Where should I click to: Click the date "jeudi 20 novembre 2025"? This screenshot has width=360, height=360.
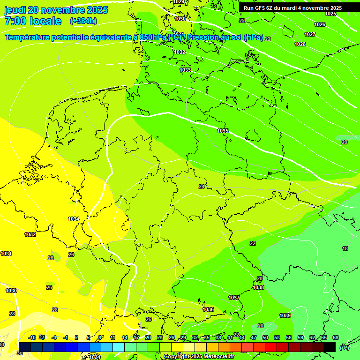(x=56, y=10)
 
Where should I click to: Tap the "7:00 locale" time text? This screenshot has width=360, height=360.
(x=33, y=21)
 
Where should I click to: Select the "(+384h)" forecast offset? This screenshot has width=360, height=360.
(x=83, y=21)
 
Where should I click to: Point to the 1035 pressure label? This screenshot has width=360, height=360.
(x=223, y=131)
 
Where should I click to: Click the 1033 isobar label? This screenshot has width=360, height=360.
(x=185, y=70)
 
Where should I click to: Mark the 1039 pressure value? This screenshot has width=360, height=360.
(x=285, y=315)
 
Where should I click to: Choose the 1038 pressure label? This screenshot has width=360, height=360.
(x=258, y=287)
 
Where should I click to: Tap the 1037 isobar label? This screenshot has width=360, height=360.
(x=234, y=298)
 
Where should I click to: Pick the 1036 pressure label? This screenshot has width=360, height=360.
(x=208, y=309)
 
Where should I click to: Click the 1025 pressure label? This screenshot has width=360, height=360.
(x=330, y=14)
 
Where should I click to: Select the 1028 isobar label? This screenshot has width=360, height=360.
(x=300, y=44)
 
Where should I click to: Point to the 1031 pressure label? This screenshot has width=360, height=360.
(x=6, y=254)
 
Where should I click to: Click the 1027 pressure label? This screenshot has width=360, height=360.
(x=310, y=34)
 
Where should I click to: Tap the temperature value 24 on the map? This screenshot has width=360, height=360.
(x=202, y=187)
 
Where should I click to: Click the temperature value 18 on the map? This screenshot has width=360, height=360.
(x=345, y=248)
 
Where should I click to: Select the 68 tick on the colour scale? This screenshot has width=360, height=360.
(x=336, y=337)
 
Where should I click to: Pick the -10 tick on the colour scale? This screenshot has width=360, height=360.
(x=32, y=337)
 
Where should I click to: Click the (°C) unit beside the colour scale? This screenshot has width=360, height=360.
(x=345, y=348)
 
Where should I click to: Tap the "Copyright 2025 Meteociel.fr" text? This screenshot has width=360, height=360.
(x=199, y=357)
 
